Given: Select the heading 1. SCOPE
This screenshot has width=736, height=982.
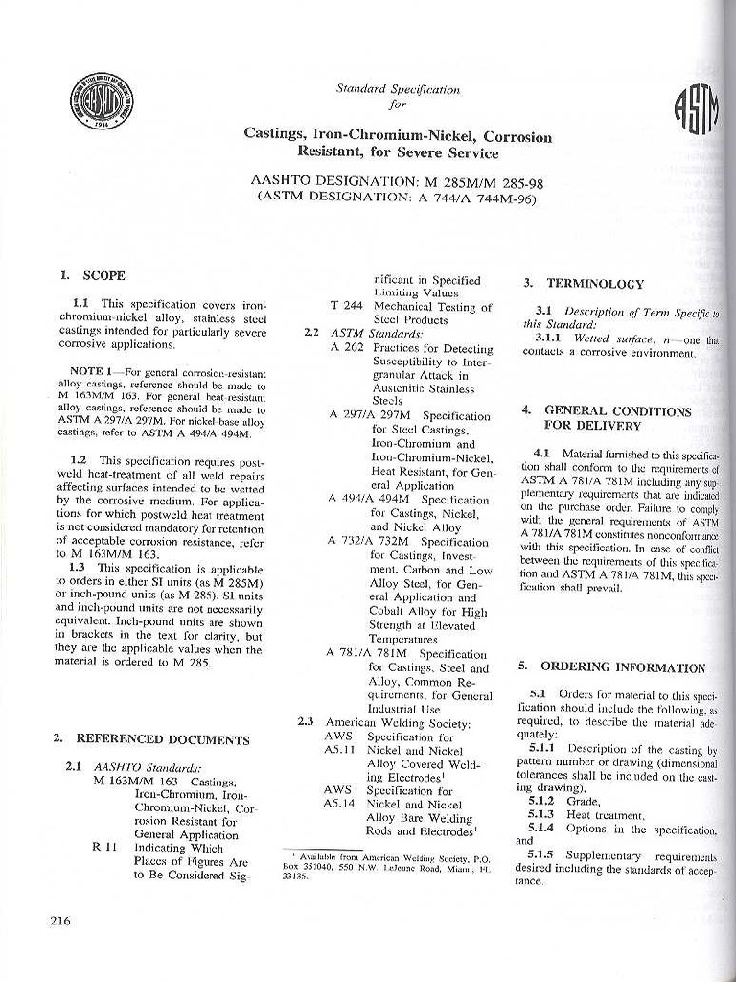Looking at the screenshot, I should tap(92, 275).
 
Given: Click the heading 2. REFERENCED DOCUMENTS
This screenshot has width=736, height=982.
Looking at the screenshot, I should tap(151, 739).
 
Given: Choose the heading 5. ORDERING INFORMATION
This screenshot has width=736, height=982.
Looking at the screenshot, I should tap(610, 667).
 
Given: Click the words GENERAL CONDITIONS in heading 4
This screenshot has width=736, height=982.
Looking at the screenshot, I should tap(618, 410).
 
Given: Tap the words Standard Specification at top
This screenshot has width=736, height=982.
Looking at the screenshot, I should tap(398, 89).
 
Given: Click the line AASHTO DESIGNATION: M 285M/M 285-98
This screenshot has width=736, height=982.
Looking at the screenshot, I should tap(398, 180).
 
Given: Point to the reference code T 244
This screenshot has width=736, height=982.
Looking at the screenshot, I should tap(346, 307).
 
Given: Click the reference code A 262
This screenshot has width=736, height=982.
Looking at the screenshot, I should tap(346, 348).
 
